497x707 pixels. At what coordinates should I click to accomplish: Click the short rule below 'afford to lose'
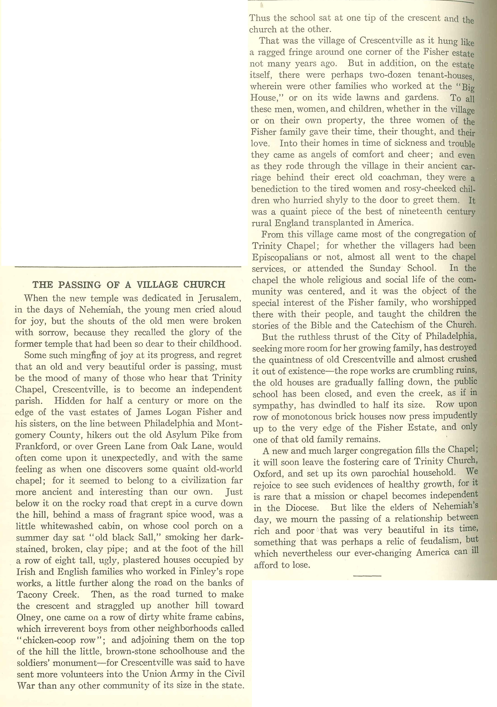pyautogui.click(x=367, y=575)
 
